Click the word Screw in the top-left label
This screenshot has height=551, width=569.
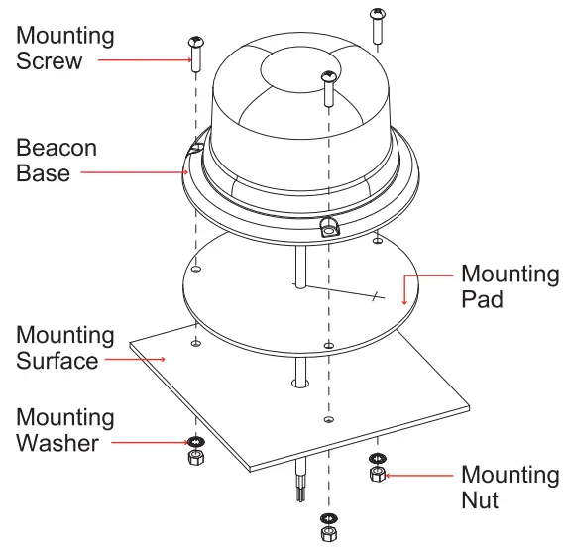coord(50,60)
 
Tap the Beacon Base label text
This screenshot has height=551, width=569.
coord(57,161)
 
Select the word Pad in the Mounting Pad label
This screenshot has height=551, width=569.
coord(482,297)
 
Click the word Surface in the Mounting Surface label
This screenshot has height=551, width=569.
coord(57,360)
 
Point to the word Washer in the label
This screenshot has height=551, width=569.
coord(57,442)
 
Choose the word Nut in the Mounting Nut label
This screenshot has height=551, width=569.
coord(481,499)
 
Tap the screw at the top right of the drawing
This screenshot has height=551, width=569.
coord(378,25)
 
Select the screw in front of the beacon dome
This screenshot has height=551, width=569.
coord(325,88)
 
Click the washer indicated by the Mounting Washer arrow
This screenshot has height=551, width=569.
coord(195,441)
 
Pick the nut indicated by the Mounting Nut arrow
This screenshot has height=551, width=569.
coord(377,475)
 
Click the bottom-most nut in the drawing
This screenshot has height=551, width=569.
coord(327,536)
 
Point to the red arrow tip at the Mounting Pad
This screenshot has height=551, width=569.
coord(404,298)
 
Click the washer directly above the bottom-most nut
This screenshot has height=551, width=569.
coord(327,519)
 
